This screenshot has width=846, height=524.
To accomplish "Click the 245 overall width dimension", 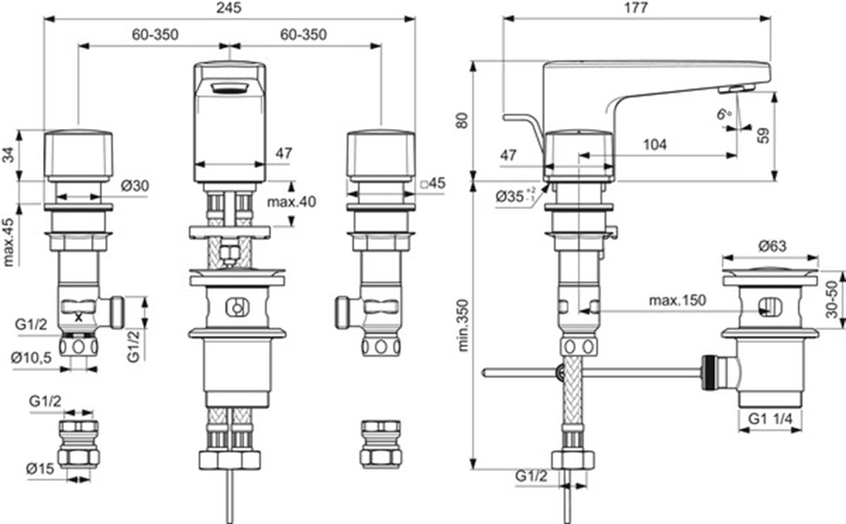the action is [229, 8].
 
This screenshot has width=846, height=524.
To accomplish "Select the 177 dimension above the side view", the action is [637, 8].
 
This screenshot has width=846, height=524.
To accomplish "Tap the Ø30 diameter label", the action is [135, 186].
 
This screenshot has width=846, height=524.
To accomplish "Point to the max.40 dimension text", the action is [292, 202].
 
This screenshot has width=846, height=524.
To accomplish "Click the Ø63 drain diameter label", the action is [772, 247].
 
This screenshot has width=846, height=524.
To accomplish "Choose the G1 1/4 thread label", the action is [771, 418].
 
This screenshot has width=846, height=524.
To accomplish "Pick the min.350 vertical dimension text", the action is [462, 325].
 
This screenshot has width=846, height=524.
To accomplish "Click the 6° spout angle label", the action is [724, 113].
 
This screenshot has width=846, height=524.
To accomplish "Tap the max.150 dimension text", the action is [678, 300].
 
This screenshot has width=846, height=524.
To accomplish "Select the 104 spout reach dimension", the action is [655, 144].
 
